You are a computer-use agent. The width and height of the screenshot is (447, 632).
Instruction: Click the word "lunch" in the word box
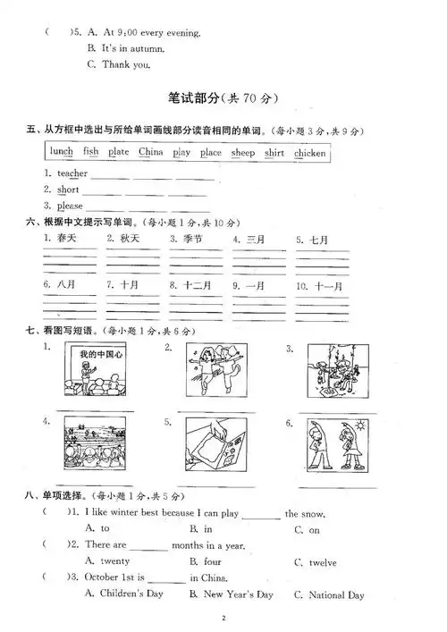[62, 153]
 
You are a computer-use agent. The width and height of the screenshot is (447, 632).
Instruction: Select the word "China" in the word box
[150, 153]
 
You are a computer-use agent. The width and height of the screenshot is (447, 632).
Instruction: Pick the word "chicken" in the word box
[309, 153]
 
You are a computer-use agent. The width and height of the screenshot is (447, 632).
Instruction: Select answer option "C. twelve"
[315, 562]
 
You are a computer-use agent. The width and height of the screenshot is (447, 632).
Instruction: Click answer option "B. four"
[205, 562]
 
